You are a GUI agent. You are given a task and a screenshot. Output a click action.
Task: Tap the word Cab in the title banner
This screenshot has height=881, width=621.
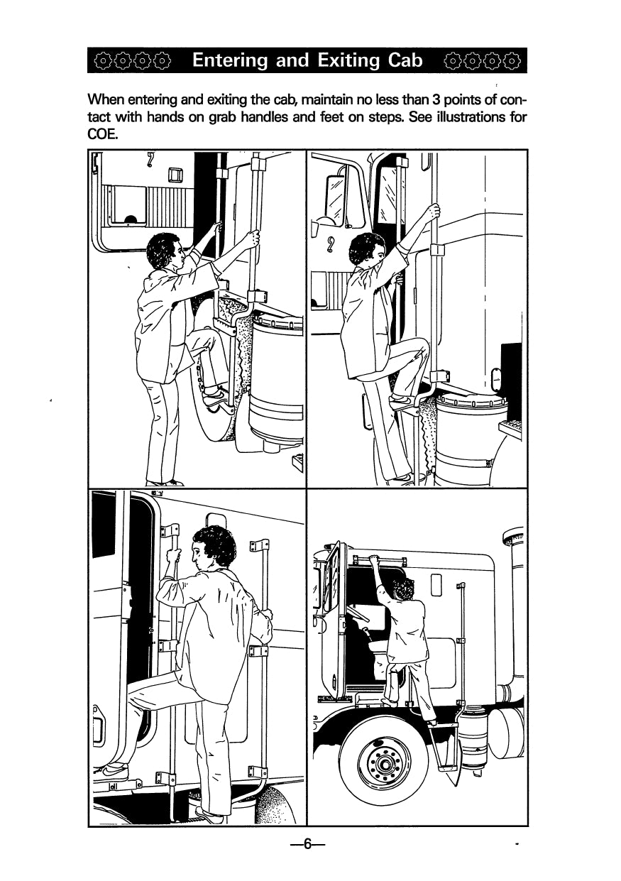[x=405, y=60]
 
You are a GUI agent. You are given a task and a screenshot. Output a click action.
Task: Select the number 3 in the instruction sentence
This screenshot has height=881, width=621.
[x=435, y=99]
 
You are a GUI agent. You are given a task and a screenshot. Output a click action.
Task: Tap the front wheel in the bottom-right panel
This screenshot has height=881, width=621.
[x=383, y=763]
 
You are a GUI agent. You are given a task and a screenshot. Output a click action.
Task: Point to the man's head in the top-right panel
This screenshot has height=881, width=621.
[x=368, y=250]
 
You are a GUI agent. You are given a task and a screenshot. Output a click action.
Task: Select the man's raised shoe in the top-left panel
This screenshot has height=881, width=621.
[x=216, y=398]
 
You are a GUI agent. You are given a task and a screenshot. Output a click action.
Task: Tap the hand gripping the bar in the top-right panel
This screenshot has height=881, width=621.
[x=434, y=212]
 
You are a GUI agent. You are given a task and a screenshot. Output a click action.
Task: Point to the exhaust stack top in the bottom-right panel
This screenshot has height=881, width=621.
[x=513, y=537]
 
